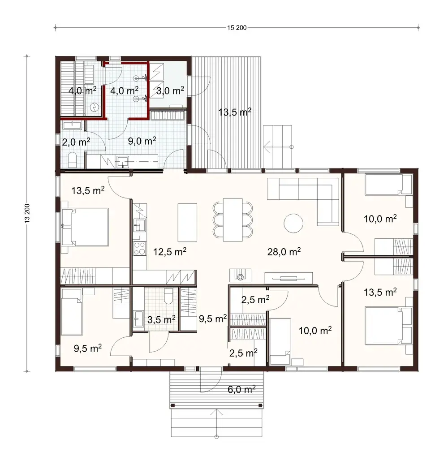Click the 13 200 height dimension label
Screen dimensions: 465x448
pyautogui.click(x=28, y=214)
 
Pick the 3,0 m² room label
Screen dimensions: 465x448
pyautogui.click(x=170, y=91)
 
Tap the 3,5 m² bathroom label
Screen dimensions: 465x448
pyautogui.click(x=161, y=319)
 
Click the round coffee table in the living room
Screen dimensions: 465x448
pyautogui.click(x=293, y=223)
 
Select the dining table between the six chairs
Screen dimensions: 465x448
pyautogui.click(x=233, y=220)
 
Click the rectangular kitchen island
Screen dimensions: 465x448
pyautogui.click(x=187, y=223)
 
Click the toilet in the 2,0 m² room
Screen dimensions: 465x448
pyautogui.click(x=73, y=159)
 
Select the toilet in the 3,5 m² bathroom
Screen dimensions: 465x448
pyautogui.click(x=169, y=296)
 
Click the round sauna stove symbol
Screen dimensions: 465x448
pyautogui.click(x=95, y=107)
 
